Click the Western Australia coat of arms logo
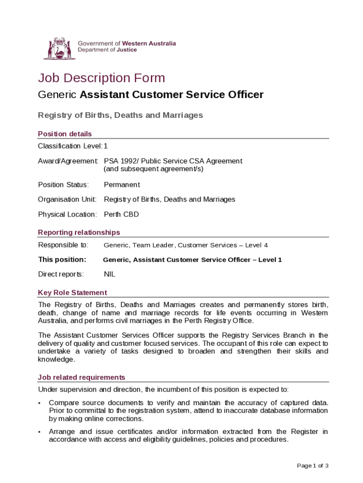click(x=59, y=49)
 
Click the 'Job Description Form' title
click(x=101, y=78)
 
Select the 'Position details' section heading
click(x=65, y=134)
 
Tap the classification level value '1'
click(x=106, y=146)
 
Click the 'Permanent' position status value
click(x=122, y=184)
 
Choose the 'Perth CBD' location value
click(x=121, y=214)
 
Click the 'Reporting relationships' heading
click(x=79, y=232)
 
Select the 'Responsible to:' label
click(x=63, y=245)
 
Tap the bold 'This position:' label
click(x=62, y=259)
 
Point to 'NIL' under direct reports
click(x=109, y=274)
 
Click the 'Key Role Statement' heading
click(x=72, y=292)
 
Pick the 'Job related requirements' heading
click(x=82, y=377)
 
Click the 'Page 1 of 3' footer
click(x=313, y=466)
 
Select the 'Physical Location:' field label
click(x=67, y=214)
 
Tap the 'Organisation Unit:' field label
click(x=67, y=200)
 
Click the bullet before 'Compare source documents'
click(x=40, y=403)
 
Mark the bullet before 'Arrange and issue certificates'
click(x=40, y=432)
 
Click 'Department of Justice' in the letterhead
click(x=107, y=50)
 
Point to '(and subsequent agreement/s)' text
click(x=153, y=168)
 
